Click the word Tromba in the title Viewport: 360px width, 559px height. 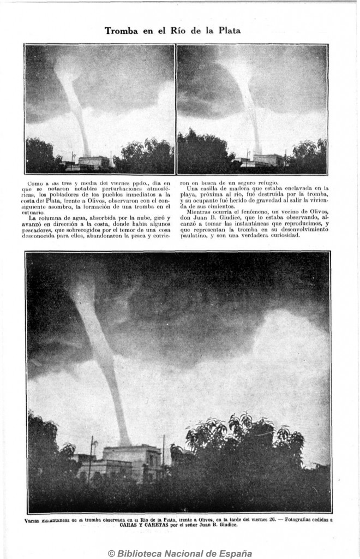(x=121, y=31)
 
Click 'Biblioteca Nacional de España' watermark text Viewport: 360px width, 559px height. (x=186, y=553)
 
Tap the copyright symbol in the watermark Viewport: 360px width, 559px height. (x=111, y=553)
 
